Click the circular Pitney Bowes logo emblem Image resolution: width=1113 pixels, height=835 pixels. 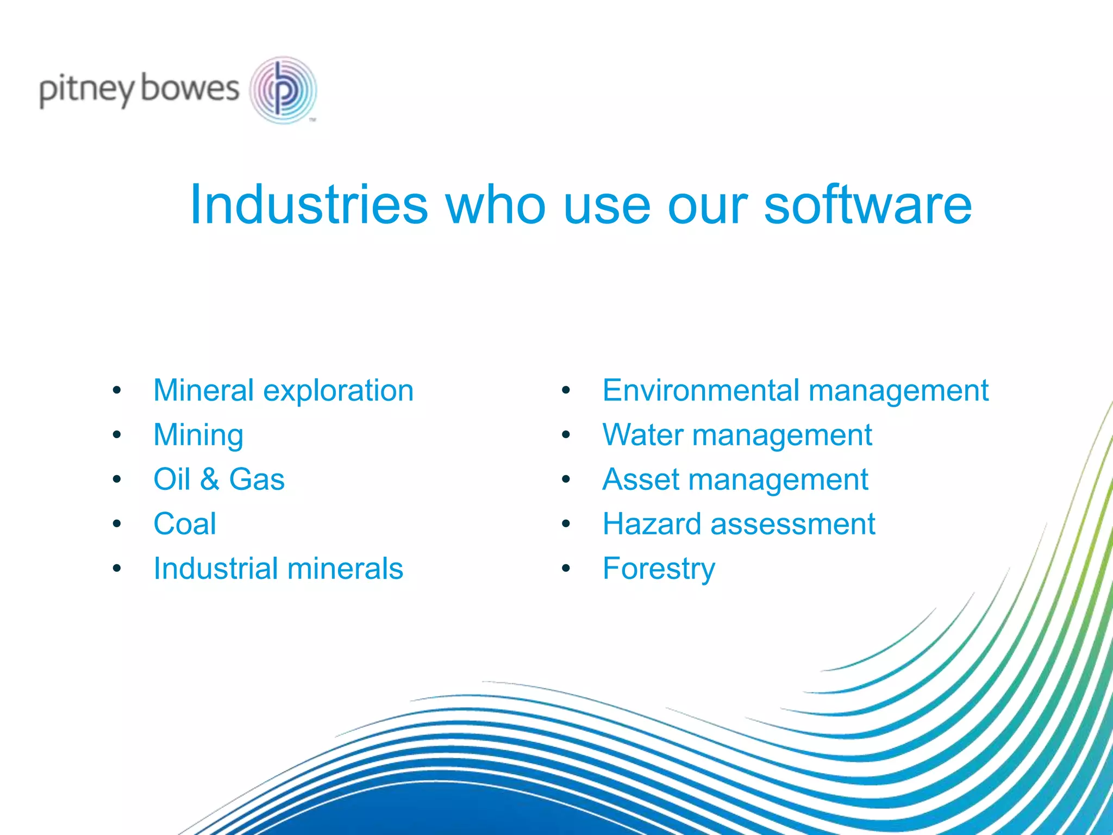click(283, 90)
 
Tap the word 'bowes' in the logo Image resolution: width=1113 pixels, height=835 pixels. click(190, 89)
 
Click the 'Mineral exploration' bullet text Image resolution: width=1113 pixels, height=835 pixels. click(283, 390)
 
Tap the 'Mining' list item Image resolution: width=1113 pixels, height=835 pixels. click(198, 435)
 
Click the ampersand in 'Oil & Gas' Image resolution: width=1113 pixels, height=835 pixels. click(209, 479)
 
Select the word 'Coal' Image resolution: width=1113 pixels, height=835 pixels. click(185, 524)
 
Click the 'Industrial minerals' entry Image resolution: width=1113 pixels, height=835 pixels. click(278, 569)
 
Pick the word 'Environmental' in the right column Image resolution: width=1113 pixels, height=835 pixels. click(701, 390)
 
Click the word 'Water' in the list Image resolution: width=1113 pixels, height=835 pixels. click(642, 435)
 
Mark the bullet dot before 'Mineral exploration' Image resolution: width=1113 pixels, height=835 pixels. click(117, 390)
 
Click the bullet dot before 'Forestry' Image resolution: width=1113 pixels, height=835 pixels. click(566, 569)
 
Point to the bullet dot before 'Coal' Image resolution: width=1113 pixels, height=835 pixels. click(117, 524)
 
